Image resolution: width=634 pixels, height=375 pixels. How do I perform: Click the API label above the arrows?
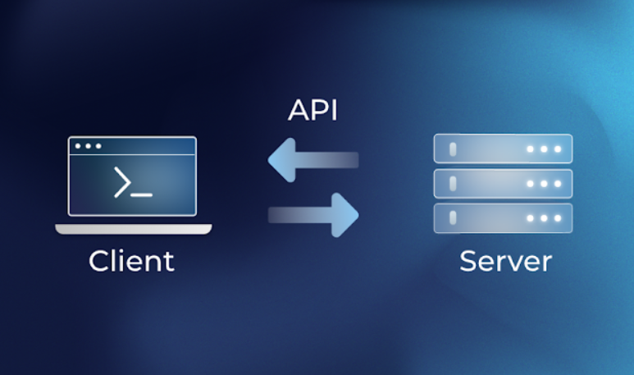312,110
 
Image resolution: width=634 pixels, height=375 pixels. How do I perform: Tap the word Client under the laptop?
131,261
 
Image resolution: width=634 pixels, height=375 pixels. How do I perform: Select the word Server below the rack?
505,261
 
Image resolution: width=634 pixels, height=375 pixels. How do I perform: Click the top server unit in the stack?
503,149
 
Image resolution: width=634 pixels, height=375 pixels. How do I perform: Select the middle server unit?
503,183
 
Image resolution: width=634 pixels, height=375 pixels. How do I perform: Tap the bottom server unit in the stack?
503,218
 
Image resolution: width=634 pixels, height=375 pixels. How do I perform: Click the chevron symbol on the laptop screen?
121,181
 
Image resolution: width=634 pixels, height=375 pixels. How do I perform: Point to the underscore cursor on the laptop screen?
142,194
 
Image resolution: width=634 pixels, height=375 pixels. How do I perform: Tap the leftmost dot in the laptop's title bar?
78,146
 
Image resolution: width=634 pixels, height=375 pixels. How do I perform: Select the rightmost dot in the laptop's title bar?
98,146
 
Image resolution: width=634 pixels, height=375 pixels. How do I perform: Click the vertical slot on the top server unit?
450,149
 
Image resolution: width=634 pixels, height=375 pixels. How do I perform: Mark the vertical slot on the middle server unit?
450,183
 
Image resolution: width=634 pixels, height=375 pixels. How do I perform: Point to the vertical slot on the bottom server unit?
450,218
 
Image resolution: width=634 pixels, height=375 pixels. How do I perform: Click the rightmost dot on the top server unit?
558,149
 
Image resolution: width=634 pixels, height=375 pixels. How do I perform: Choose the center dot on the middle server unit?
545,184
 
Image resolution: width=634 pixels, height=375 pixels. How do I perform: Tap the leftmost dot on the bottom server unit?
531,218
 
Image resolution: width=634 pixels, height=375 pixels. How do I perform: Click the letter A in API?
298,110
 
